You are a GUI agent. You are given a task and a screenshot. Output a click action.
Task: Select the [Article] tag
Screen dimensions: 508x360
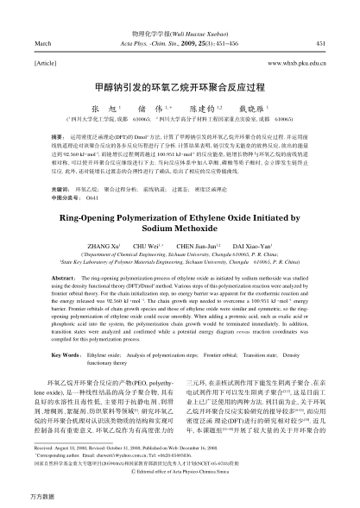[x=44, y=62]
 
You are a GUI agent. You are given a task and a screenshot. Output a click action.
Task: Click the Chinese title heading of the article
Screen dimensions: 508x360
[x=180, y=87]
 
